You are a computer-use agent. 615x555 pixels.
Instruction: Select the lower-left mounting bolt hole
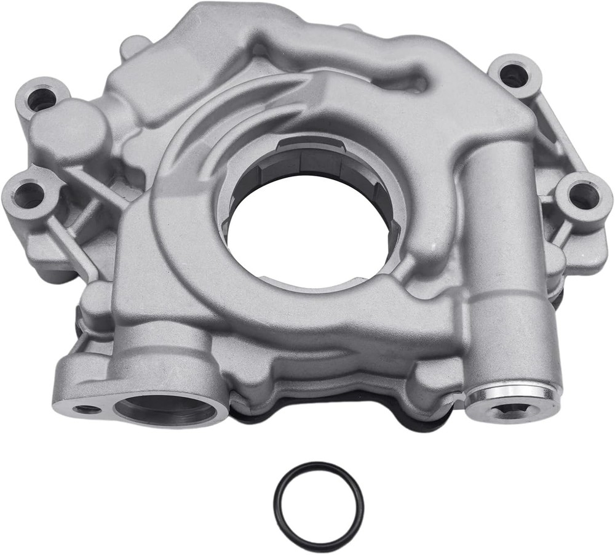(28, 196)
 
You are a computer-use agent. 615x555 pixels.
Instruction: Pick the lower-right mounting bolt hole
(583, 196)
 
